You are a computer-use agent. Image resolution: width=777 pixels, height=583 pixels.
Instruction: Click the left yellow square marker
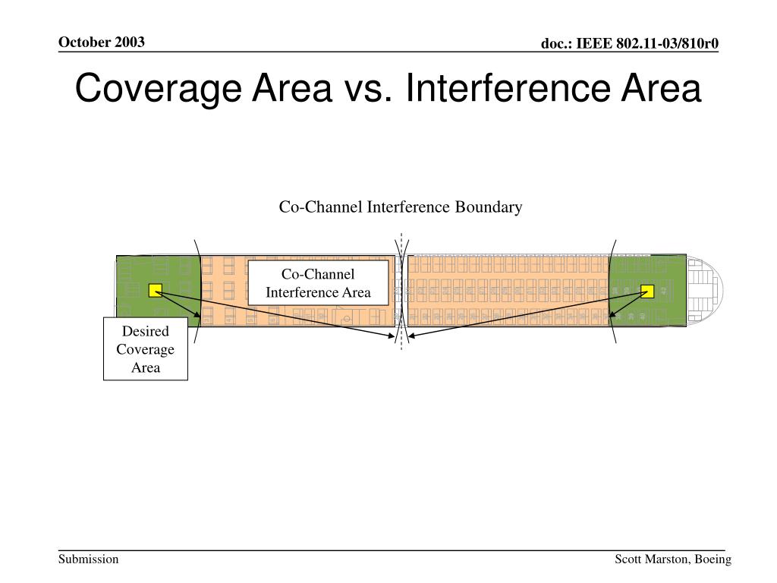[156, 289]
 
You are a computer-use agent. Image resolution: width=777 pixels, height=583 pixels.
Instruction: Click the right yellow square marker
[647, 291]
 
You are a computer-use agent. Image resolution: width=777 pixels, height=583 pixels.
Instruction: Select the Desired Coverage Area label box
[146, 349]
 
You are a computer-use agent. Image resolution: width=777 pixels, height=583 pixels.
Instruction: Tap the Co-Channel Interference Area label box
[318, 283]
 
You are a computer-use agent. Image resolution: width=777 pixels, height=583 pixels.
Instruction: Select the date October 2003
[102, 42]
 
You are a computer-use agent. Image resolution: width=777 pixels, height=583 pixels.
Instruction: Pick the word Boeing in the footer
[713, 559]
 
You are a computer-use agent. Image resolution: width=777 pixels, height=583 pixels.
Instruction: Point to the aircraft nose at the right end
[709, 291]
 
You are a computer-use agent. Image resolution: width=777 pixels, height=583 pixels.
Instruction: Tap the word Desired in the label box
[146, 332]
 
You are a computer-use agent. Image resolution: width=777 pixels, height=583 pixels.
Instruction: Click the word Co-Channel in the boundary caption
[321, 207]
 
